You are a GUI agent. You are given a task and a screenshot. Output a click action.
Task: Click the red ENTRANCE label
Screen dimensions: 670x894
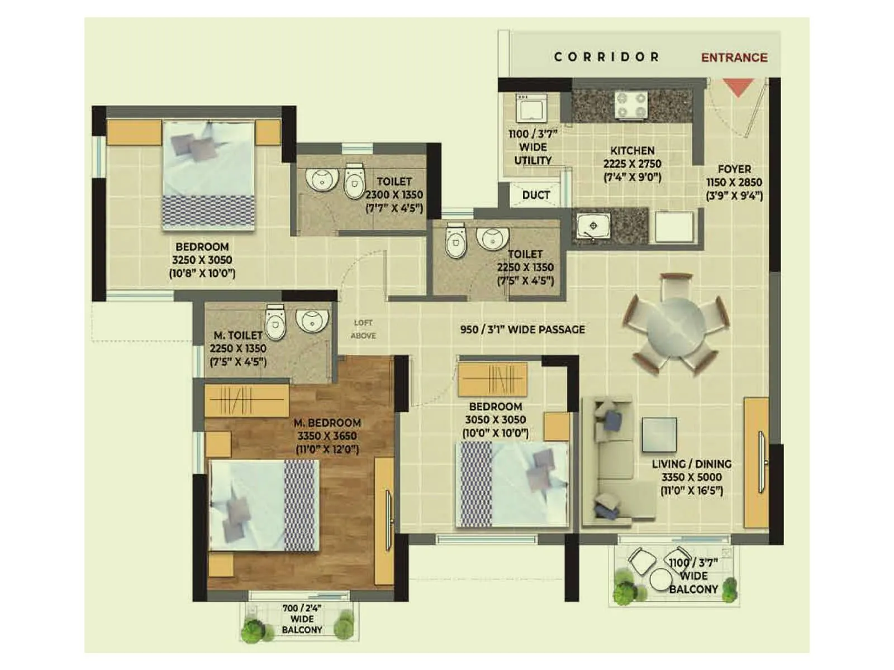click(x=734, y=58)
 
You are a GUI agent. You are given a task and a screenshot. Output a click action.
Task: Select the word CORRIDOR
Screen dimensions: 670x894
click(x=606, y=57)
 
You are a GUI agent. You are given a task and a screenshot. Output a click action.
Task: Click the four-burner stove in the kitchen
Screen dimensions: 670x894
click(x=631, y=105)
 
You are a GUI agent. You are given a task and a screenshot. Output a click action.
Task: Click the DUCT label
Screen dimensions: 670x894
click(x=536, y=195)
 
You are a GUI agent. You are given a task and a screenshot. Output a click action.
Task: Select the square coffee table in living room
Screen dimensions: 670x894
click(x=659, y=434)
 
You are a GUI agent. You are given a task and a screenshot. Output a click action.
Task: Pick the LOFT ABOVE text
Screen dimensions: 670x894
click(x=363, y=329)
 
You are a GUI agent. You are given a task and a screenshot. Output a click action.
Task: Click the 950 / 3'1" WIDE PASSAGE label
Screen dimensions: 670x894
click(x=522, y=329)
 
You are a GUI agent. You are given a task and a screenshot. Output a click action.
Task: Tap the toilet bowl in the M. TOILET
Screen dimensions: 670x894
click(x=275, y=323)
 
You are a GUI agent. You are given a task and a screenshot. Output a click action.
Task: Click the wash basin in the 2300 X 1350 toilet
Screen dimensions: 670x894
click(x=322, y=179)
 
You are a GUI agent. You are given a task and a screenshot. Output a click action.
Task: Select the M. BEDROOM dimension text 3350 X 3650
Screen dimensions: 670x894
click(x=327, y=436)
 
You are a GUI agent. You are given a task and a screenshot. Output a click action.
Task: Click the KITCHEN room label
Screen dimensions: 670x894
click(x=632, y=151)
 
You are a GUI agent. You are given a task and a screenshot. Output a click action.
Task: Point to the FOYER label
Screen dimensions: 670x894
click(x=734, y=169)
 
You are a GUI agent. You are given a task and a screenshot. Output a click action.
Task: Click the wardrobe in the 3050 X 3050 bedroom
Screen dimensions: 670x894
click(x=492, y=379)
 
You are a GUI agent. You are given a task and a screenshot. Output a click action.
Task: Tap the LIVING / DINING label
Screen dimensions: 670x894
click(x=691, y=464)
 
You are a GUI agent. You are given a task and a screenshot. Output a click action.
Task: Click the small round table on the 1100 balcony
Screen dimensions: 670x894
click(x=662, y=581)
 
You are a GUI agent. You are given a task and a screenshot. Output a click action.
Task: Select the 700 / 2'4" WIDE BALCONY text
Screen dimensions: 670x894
click(x=302, y=619)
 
